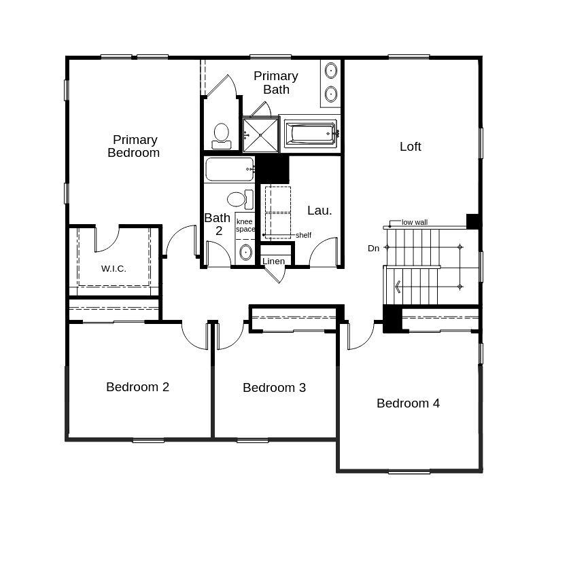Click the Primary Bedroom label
(x=133, y=146)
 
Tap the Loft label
(x=410, y=146)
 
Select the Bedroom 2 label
(x=137, y=386)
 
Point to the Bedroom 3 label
(x=274, y=387)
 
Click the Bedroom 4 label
(x=408, y=403)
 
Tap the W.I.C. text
(x=114, y=268)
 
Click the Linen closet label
(x=273, y=261)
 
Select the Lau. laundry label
(x=319, y=210)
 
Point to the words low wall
(x=415, y=222)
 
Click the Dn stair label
(x=373, y=248)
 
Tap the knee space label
(x=245, y=225)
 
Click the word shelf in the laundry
(x=303, y=235)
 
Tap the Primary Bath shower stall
(x=260, y=134)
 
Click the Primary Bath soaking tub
(x=310, y=133)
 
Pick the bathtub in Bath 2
(x=230, y=169)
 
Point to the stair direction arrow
(x=397, y=286)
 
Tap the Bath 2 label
(x=218, y=224)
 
